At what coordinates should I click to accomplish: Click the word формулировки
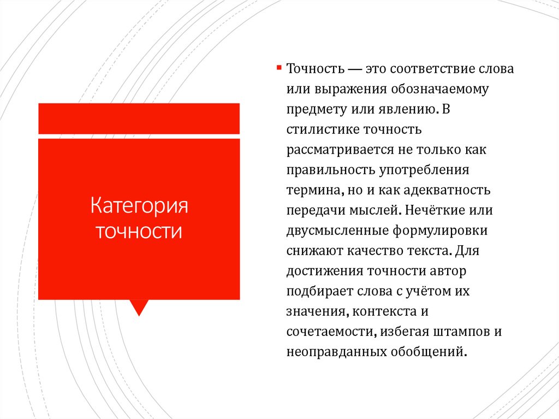(x=439, y=230)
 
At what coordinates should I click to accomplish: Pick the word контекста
(x=379, y=311)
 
